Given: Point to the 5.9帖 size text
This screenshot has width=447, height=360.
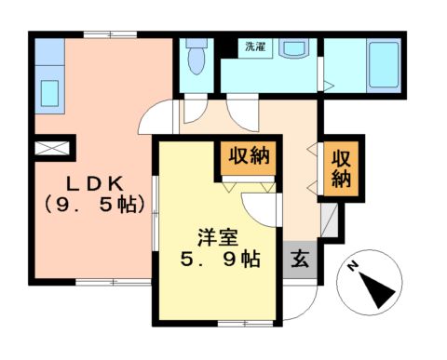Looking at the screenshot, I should [220, 260].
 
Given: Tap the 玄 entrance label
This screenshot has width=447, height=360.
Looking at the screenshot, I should [300, 260].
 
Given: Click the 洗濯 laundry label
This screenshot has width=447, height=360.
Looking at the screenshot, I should [254, 46].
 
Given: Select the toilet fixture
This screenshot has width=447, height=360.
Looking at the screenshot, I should [196, 60].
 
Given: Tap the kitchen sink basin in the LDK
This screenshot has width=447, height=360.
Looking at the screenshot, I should [48, 94].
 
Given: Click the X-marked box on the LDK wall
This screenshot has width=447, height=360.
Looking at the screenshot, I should [49, 146].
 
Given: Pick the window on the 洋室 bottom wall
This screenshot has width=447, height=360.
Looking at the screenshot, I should [232, 322].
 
